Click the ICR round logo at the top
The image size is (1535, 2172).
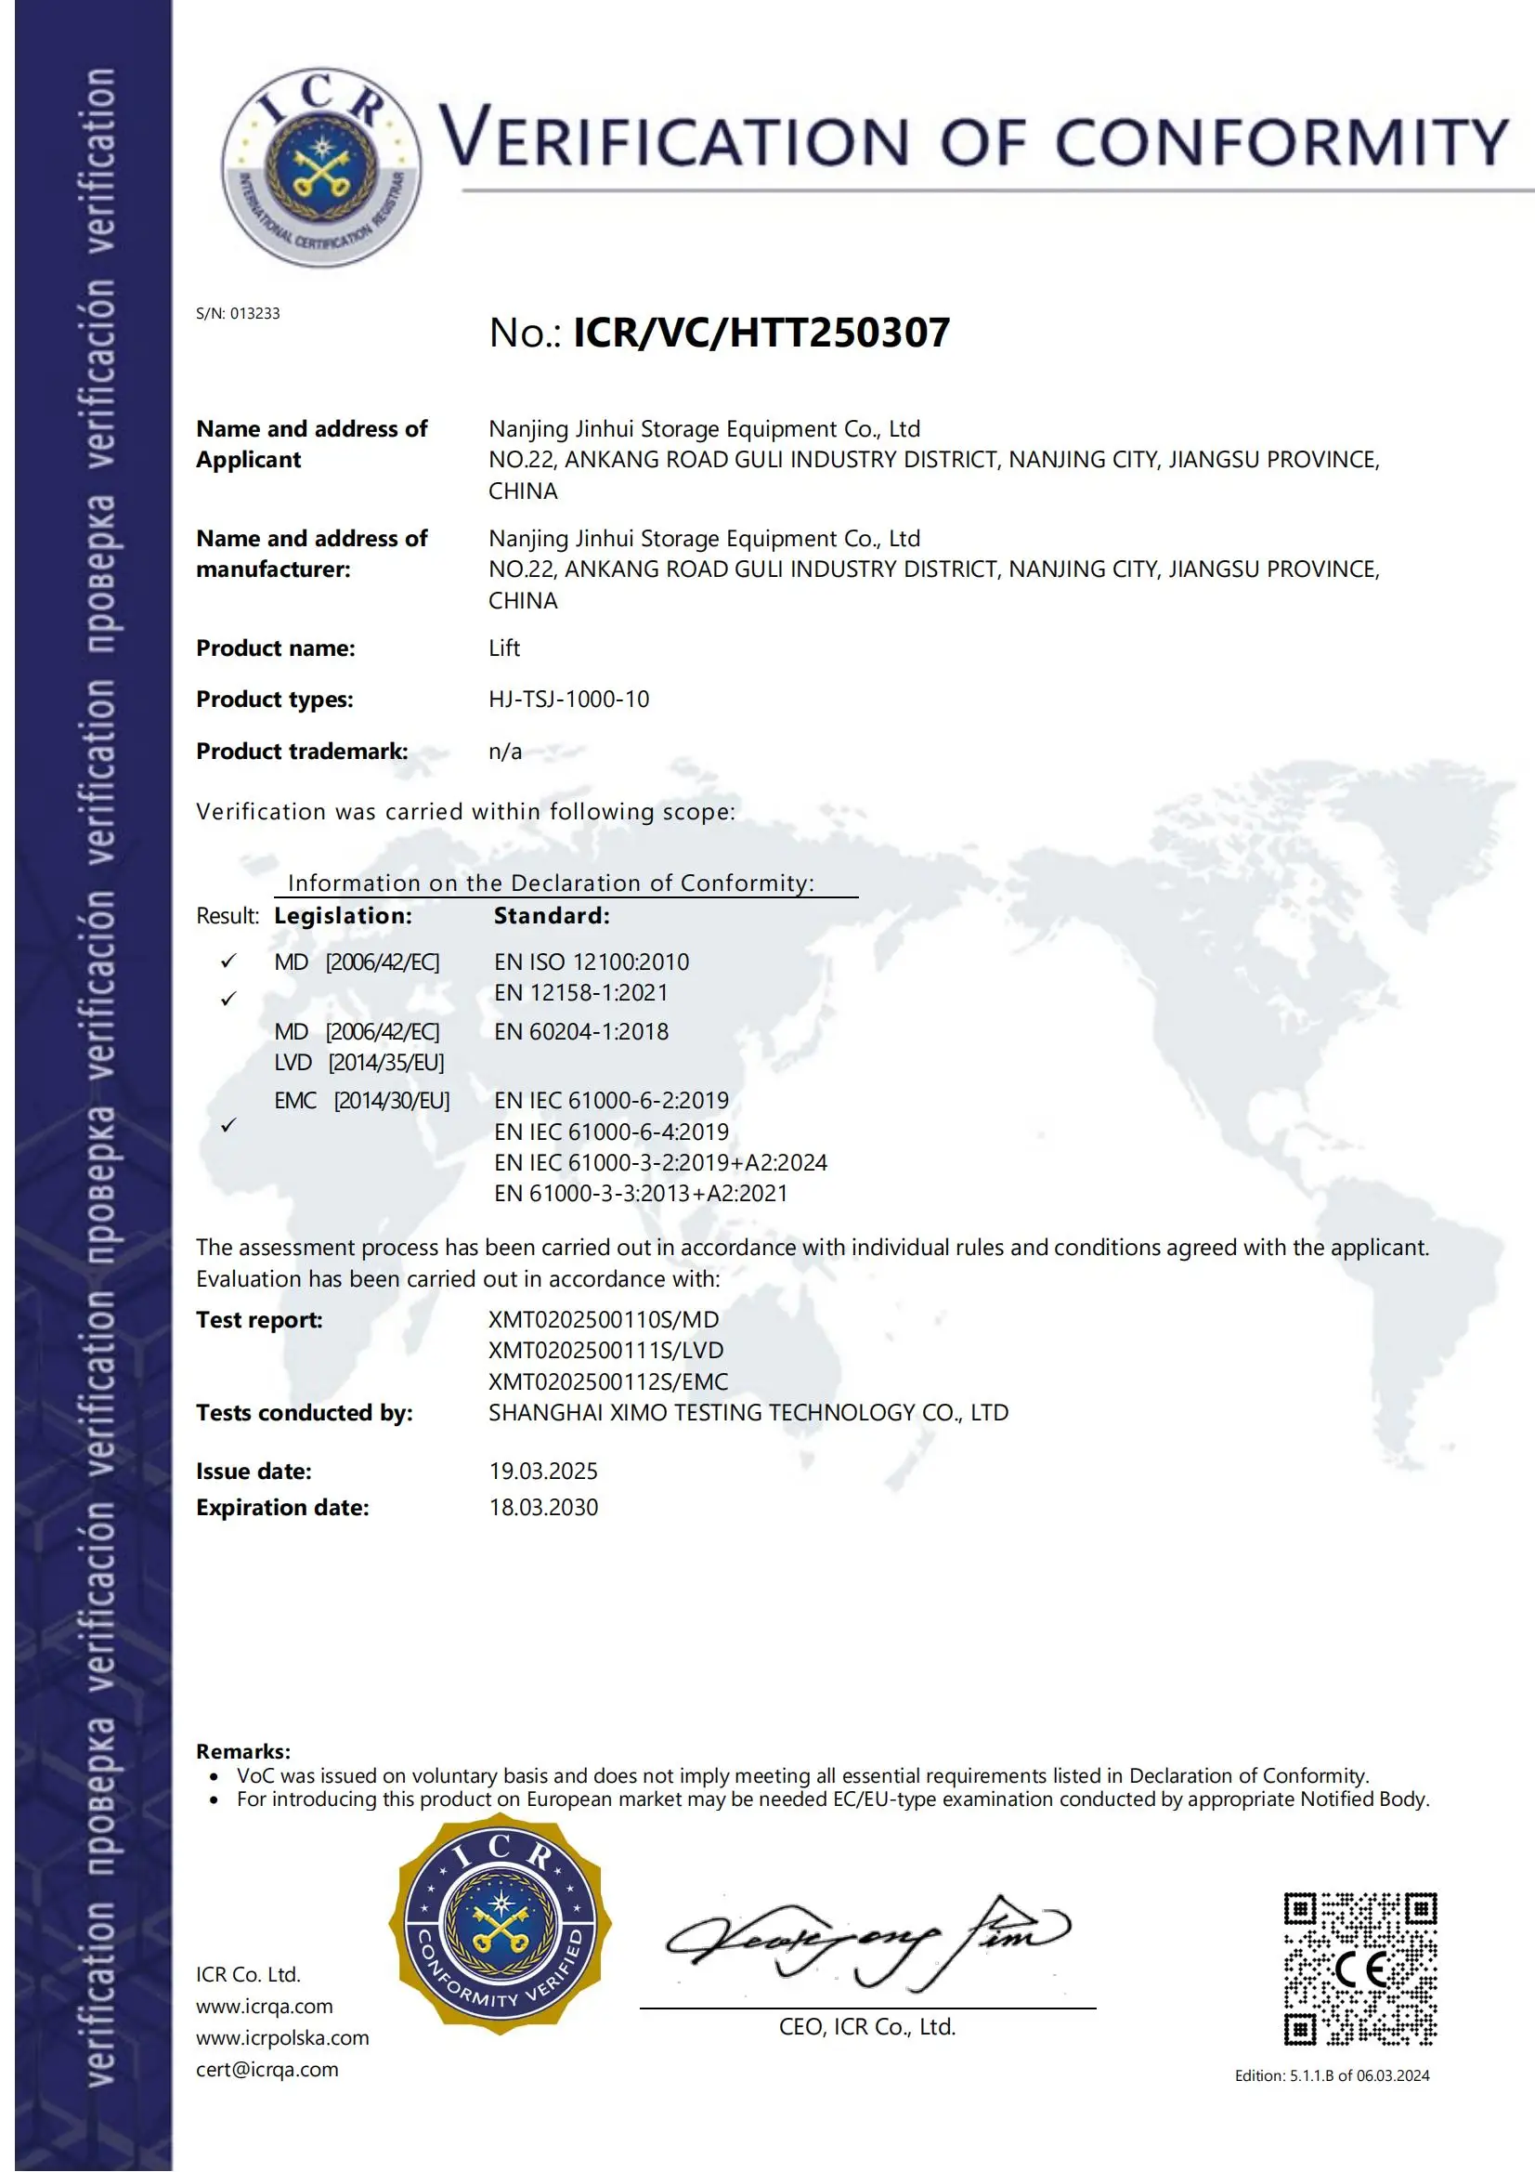320,167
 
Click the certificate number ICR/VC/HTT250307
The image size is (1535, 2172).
761,333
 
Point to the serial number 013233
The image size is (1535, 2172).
254,314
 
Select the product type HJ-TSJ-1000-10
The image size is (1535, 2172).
568,700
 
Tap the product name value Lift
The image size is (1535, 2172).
504,648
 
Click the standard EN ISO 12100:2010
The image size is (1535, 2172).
592,962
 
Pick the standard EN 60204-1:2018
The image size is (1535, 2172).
580,1031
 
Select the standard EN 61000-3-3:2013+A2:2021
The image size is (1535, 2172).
641,1193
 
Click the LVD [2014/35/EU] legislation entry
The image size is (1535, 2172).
358,1063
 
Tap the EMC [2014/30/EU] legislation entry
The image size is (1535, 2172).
361,1100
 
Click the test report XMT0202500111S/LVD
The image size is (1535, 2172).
605,1350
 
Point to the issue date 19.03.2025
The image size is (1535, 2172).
543,1471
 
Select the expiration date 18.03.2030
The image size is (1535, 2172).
543,1507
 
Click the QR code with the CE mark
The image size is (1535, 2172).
1359,1968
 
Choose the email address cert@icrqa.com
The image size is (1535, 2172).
267,2069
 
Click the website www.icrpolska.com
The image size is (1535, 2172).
282,2037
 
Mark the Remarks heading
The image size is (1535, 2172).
243,1751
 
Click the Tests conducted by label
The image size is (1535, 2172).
304,1412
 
